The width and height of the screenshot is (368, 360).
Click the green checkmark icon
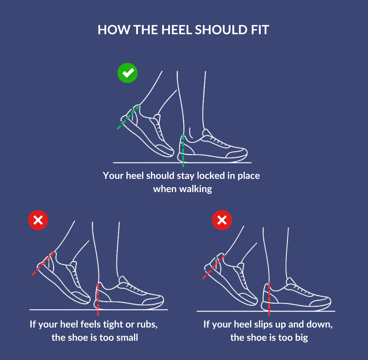click(x=127, y=73)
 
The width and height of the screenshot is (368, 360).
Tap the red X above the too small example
click(x=38, y=220)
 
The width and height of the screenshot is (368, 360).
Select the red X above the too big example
click(x=222, y=220)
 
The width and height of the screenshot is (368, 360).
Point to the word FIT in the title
click(x=260, y=30)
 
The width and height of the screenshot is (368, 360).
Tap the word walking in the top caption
click(x=195, y=189)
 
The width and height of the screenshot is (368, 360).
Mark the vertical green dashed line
click(x=183, y=151)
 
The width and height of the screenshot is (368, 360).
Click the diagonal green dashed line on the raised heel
click(x=128, y=117)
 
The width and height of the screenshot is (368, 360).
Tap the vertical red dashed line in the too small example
click(x=98, y=299)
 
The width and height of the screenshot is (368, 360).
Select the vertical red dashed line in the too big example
click(x=269, y=299)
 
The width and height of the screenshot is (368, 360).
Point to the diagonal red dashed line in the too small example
click(x=43, y=263)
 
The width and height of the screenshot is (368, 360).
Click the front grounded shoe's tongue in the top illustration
click(x=207, y=134)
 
